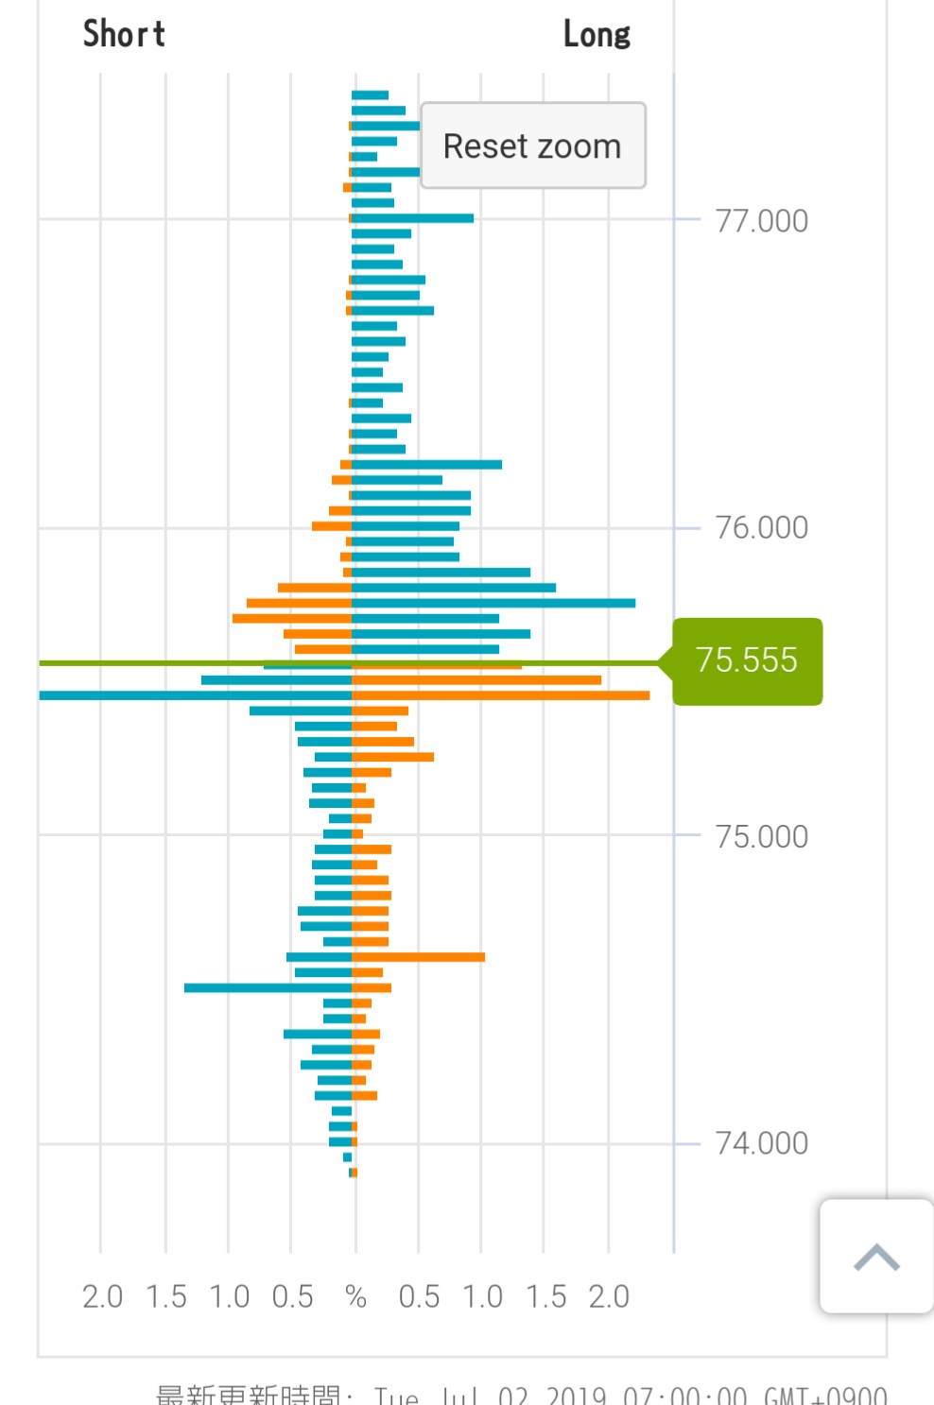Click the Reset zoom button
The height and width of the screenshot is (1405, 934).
532,146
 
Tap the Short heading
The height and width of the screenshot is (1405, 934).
124,34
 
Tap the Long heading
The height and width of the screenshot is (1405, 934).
597,35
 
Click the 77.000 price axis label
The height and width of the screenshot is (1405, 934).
761,221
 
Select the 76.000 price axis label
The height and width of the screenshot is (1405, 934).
761,527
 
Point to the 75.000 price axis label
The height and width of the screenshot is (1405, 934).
761,836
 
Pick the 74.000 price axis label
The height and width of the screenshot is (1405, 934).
761,1143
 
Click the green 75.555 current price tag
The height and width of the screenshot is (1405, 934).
747,660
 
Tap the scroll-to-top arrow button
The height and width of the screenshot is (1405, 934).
875,1257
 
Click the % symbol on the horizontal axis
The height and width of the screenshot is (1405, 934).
355,1296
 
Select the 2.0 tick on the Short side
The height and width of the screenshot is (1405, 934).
102,1296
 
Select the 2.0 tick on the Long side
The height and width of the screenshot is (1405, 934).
609,1296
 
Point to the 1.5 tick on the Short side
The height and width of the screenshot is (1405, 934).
165,1296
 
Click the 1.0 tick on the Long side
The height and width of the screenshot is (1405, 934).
482,1296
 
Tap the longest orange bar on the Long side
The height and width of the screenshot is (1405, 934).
501,695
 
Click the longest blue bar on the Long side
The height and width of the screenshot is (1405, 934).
493,603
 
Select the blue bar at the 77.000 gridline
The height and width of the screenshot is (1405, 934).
413,218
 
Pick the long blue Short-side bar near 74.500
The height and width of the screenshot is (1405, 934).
268,988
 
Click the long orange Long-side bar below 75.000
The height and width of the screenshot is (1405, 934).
419,957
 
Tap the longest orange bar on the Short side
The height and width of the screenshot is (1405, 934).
292,619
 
